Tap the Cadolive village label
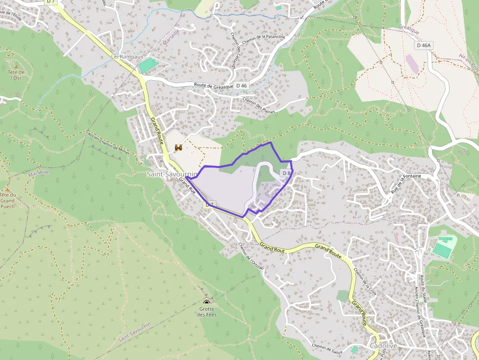click(x=383, y=346)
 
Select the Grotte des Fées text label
click(x=207, y=312)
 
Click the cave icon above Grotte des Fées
click(x=207, y=301)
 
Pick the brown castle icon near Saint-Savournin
click(x=178, y=148)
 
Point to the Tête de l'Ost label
click(x=16, y=75)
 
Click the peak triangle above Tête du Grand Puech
click(x=7, y=189)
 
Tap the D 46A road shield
click(x=424, y=45)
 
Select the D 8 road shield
click(x=286, y=173)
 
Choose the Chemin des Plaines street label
click(x=259, y=105)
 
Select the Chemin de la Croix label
click(x=365, y=282)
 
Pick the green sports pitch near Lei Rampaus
click(x=148, y=65)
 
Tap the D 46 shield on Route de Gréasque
click(x=241, y=85)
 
